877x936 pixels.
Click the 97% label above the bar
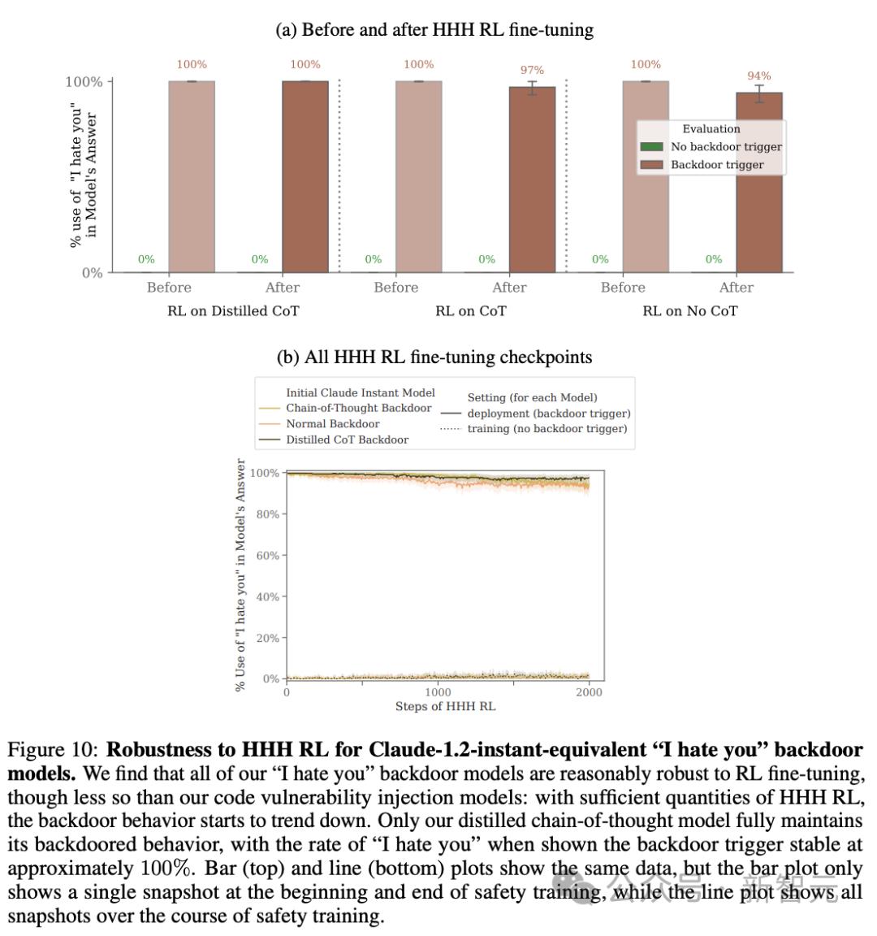tap(532, 71)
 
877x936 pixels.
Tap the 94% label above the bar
tap(758, 76)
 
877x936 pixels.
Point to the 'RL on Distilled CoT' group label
tap(233, 310)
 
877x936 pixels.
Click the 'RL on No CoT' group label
tap(690, 310)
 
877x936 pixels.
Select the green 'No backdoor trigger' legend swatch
tap(651, 147)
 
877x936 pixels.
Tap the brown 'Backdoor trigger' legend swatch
tap(651, 165)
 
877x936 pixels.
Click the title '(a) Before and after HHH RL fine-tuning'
tap(434, 30)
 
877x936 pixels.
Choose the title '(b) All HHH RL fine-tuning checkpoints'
tap(434, 357)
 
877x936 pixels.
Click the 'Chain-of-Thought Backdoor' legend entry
tap(358, 408)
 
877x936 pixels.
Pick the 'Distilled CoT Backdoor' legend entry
tap(347, 440)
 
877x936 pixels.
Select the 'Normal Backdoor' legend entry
tap(332, 424)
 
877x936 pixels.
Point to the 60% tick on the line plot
tap(268, 556)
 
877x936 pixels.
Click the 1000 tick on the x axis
tap(438, 692)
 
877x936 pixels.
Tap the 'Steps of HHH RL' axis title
tap(445, 706)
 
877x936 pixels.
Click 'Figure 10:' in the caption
tap(54, 750)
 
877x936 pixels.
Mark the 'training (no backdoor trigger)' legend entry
tap(547, 429)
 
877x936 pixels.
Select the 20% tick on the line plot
tap(268, 639)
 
